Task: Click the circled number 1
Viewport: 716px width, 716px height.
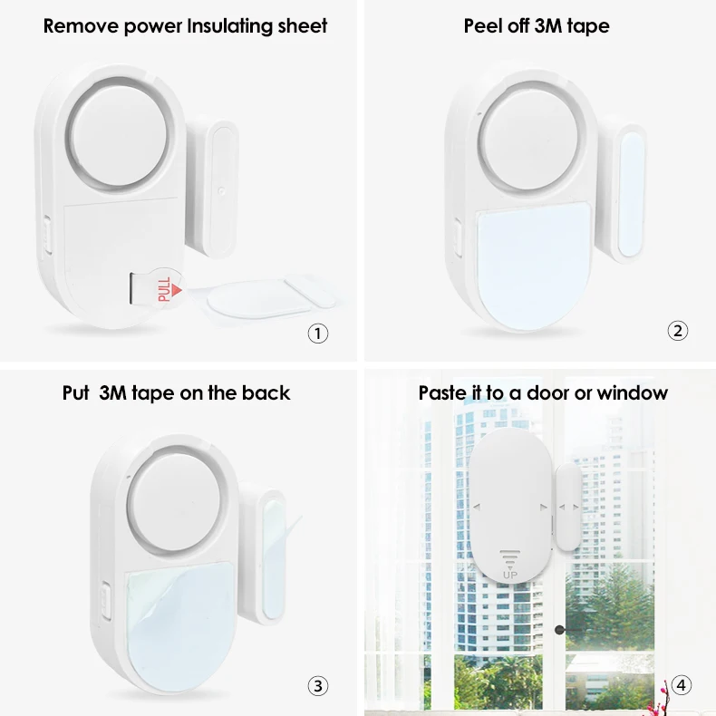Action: point(317,333)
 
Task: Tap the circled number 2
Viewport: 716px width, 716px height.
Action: point(678,331)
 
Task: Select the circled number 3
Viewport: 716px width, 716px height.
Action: point(317,686)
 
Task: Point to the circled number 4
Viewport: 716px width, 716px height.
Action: point(682,686)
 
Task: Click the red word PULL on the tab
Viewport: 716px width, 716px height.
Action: point(164,288)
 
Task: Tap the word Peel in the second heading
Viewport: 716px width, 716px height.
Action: point(484,25)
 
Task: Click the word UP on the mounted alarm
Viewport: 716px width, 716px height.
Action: point(510,572)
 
